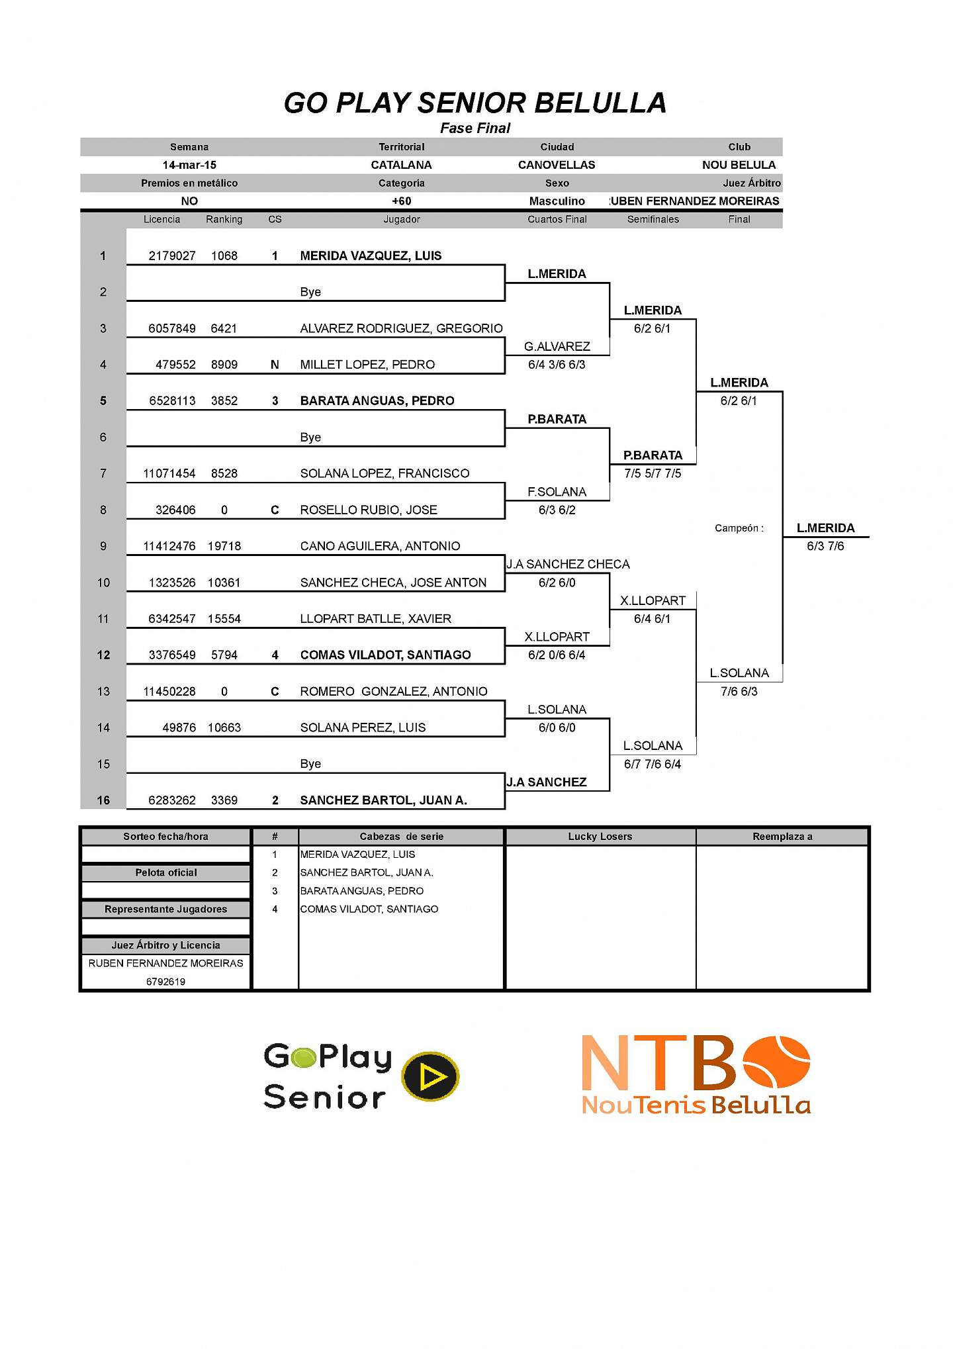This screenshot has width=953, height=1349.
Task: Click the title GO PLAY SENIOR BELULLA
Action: (475, 103)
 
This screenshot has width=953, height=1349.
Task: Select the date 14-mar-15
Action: (189, 165)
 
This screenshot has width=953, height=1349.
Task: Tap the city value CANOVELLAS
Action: (557, 165)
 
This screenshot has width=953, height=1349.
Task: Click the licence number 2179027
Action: (172, 256)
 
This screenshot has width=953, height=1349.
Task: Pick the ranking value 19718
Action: (224, 546)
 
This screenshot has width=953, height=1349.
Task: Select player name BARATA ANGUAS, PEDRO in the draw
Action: (377, 401)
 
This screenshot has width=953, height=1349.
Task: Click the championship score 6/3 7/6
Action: (825, 546)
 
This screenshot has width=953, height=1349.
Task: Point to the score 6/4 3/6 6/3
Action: (557, 365)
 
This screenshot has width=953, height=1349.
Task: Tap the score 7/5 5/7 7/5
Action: (653, 473)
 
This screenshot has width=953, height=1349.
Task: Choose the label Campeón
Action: (739, 528)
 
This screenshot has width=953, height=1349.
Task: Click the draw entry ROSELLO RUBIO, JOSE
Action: (369, 510)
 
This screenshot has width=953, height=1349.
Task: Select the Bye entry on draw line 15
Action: (310, 764)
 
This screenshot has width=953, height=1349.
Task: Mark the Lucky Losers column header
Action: (600, 837)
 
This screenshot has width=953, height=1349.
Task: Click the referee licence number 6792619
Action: (165, 982)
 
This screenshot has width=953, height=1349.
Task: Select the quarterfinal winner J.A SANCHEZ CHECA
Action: (568, 565)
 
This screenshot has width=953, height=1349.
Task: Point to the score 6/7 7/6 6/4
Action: (653, 764)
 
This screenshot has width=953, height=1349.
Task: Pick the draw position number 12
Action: (103, 655)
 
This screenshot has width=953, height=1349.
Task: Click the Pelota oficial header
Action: (165, 873)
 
